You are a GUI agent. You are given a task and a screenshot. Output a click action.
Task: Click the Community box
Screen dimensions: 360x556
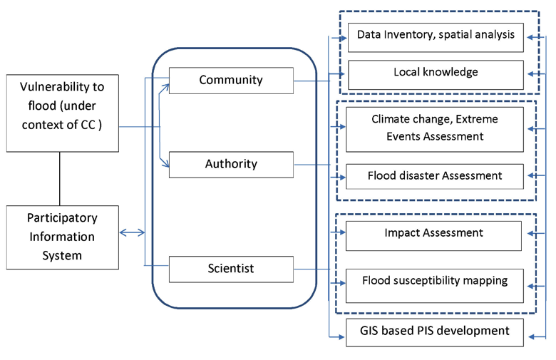(231, 80)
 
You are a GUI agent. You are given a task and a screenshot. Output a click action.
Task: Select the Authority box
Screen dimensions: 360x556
(231, 165)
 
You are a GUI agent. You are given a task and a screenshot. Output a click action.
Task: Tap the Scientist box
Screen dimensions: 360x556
(231, 269)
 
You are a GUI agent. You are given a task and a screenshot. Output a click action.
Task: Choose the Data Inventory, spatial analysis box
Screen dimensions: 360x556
(436, 36)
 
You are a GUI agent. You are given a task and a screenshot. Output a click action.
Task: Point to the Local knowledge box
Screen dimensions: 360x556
(436, 73)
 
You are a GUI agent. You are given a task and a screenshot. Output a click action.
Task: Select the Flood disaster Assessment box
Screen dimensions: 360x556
(436, 176)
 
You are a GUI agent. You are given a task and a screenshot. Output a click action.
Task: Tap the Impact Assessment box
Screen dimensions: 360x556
(436, 234)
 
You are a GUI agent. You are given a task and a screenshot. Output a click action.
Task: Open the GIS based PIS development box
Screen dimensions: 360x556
(436, 331)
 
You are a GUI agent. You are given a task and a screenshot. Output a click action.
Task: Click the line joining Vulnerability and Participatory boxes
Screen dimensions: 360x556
(60, 178)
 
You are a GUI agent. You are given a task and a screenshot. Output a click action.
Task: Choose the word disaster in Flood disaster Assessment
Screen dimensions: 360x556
(425, 175)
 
